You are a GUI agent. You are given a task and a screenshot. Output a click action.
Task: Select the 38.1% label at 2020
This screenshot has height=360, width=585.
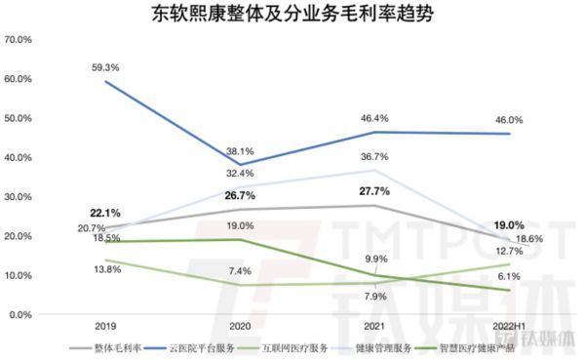coord(241,151)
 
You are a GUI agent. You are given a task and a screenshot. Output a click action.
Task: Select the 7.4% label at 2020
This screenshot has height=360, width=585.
coord(241,270)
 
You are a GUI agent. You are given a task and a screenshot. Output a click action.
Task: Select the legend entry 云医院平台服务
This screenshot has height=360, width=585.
coord(198,347)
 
